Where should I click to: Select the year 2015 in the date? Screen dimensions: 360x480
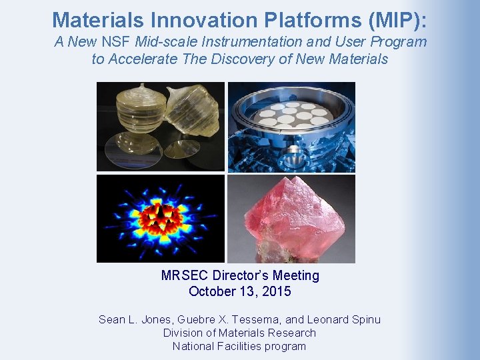[x=277, y=291]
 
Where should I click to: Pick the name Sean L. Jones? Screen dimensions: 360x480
[x=137, y=319]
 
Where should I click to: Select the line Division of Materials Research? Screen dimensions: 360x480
[x=239, y=333]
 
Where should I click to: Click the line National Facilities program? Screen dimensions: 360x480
[x=239, y=346]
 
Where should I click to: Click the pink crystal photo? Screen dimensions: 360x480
[x=291, y=219]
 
